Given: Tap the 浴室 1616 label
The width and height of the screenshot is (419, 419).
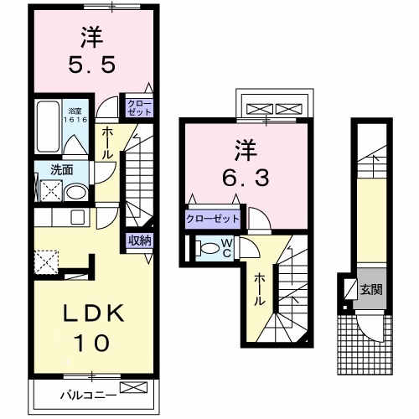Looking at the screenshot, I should pos(75,115).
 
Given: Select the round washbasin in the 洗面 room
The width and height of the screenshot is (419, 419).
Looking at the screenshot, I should pos(76,191).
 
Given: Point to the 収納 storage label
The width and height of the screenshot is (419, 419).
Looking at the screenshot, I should pos(140,241).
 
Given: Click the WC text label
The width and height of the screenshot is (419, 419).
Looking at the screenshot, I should pos(225,249).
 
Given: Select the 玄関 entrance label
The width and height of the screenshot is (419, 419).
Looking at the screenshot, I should pos(371,291).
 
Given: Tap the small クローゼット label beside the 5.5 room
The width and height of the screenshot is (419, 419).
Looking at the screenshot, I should pos(138,106).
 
